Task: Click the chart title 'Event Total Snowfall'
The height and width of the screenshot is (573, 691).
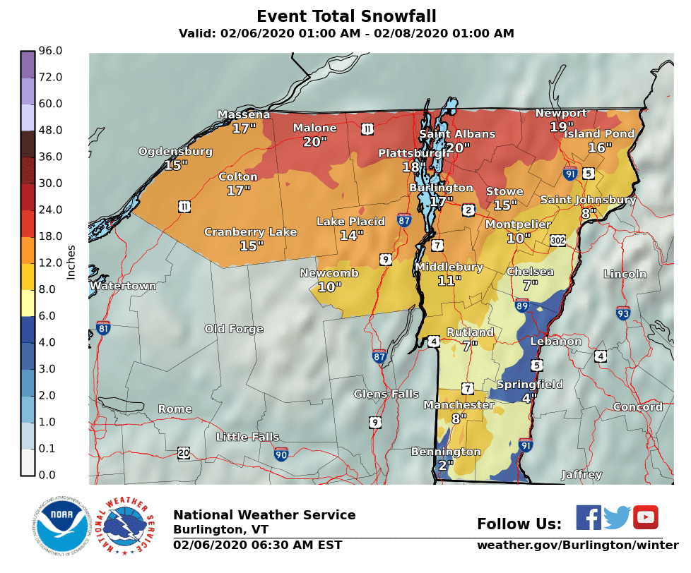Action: (345, 16)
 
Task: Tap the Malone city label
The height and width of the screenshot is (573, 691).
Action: (314, 128)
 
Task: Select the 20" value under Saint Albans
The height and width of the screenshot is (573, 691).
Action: (457, 147)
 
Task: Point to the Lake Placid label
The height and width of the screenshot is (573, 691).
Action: (350, 222)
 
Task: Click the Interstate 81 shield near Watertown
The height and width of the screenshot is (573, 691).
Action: (103, 327)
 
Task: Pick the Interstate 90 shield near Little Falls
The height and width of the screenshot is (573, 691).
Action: (281, 454)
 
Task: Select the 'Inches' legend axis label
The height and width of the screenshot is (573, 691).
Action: (71, 263)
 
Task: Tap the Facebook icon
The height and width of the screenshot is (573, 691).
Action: (588, 517)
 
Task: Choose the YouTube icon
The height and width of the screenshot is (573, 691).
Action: (645, 517)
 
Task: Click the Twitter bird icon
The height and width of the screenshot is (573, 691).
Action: (617, 518)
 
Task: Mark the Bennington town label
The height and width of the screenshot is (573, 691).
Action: (446, 452)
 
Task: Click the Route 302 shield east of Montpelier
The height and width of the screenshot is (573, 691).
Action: (559, 241)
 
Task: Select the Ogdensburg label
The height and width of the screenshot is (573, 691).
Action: (175, 152)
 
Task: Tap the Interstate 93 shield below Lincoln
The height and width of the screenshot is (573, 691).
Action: (622, 313)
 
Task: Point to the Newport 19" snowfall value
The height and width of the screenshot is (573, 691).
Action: (562, 127)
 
